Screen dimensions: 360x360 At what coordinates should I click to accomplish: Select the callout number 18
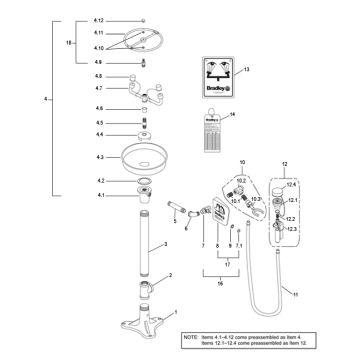(x=69, y=43)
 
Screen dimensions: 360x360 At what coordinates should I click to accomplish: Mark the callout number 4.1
(x=99, y=194)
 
